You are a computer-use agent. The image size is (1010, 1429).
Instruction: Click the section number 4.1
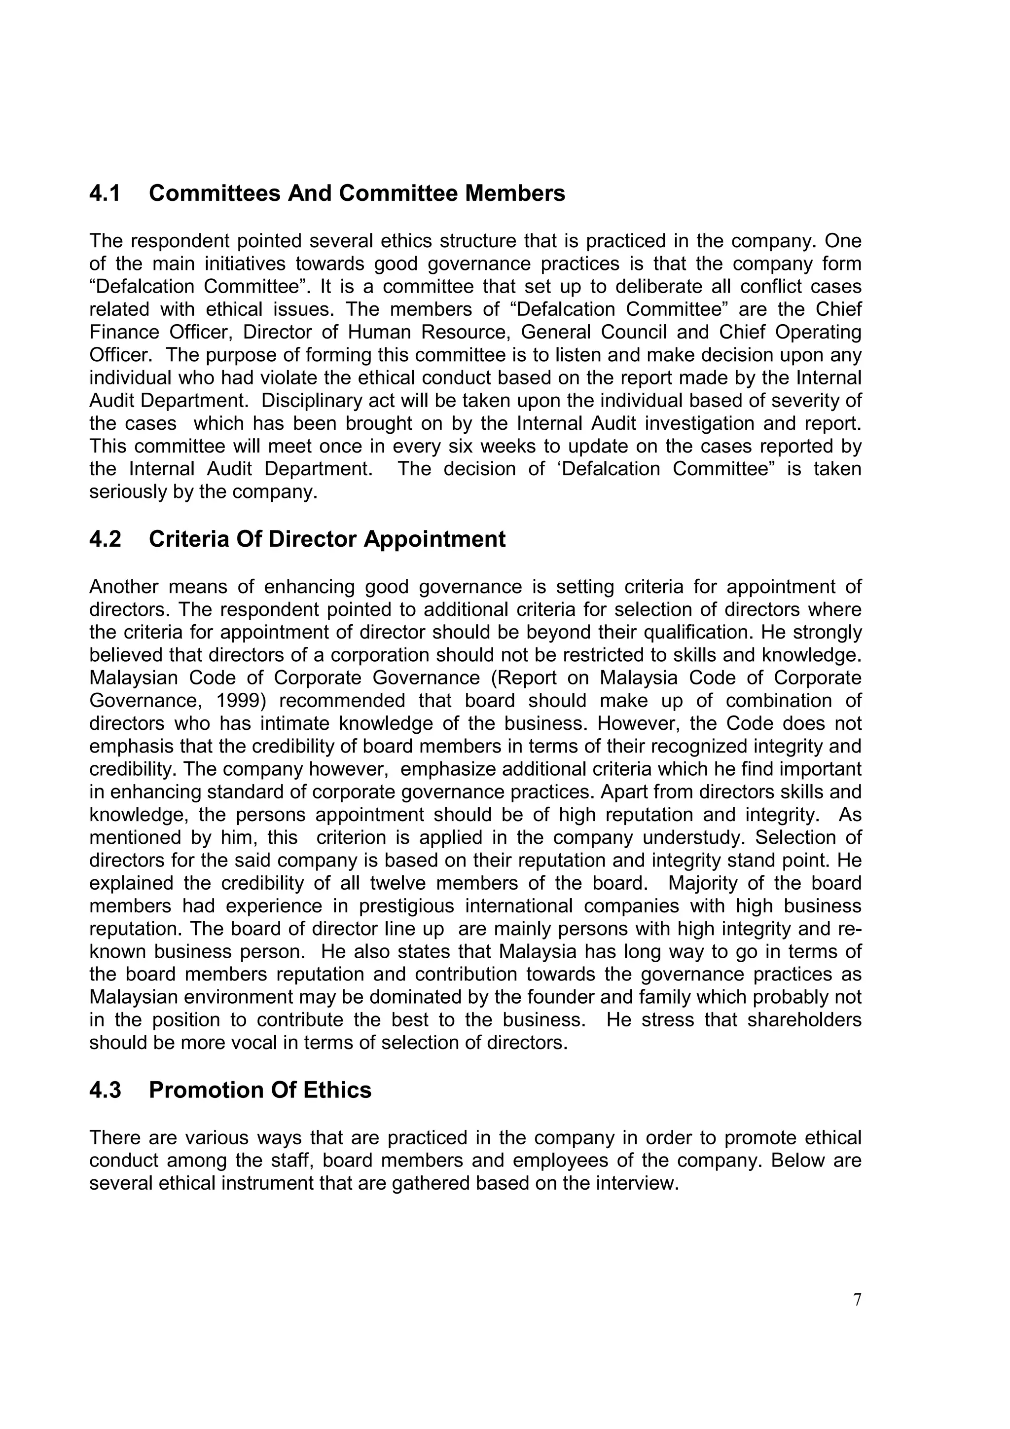(105, 193)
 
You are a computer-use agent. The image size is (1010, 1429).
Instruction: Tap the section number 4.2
(105, 539)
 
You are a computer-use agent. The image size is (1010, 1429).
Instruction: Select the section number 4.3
(105, 1091)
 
